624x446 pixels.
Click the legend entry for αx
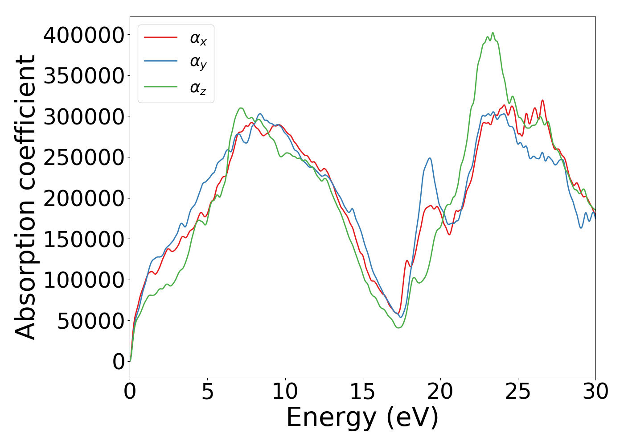coord(198,39)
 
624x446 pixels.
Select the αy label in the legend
coord(198,63)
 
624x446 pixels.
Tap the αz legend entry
coord(198,87)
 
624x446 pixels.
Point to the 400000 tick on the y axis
coord(83,35)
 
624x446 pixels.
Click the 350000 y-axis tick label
coord(83,76)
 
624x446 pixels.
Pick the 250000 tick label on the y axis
coord(83,157)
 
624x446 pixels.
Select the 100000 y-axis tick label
coord(83,280)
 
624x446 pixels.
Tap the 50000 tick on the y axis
coord(90,321)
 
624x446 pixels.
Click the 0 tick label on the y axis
coord(119,362)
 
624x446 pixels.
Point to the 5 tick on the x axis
coord(208,392)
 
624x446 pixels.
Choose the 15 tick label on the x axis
coord(363,392)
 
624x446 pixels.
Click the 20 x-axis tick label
coord(440,392)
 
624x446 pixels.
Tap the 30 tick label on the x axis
coord(595,392)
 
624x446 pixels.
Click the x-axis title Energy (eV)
coord(362,417)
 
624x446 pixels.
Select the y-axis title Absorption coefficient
coord(25,197)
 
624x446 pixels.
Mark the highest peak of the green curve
coord(493,33)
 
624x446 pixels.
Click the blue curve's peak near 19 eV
coord(430,158)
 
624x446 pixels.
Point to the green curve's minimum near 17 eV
coord(398,328)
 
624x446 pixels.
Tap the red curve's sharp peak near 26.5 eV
coord(542,100)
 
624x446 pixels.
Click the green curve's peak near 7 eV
coord(241,108)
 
